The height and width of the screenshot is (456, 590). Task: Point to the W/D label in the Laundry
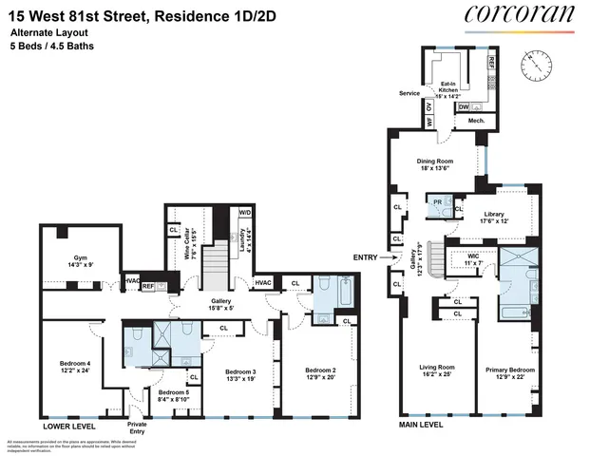click(244, 213)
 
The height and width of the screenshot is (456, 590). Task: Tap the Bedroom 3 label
click(241, 373)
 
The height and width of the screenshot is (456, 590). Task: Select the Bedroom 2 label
click(321, 373)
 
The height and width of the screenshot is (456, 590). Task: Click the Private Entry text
click(137, 429)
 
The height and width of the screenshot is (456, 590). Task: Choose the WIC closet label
click(472, 258)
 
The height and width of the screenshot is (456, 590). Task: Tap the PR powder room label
click(437, 202)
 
